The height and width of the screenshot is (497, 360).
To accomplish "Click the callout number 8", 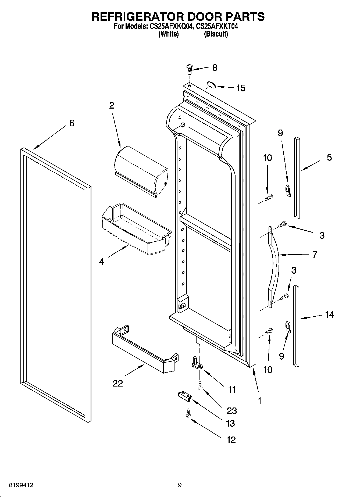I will coord(215,68).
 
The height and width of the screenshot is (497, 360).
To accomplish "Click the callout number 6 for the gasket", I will coord(72,123).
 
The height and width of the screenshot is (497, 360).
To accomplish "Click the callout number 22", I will coord(118,383).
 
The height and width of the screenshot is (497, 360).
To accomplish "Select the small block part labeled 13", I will coord(184,396).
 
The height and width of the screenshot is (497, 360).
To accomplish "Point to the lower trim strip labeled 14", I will coord(296,326).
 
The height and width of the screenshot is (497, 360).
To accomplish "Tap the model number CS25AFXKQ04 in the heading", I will coord(170,26).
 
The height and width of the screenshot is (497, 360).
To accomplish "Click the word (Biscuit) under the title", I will coord(216,34).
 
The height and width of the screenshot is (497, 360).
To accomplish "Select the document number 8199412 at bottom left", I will coord(22,485).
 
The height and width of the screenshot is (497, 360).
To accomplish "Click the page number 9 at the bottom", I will coord(180,485).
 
